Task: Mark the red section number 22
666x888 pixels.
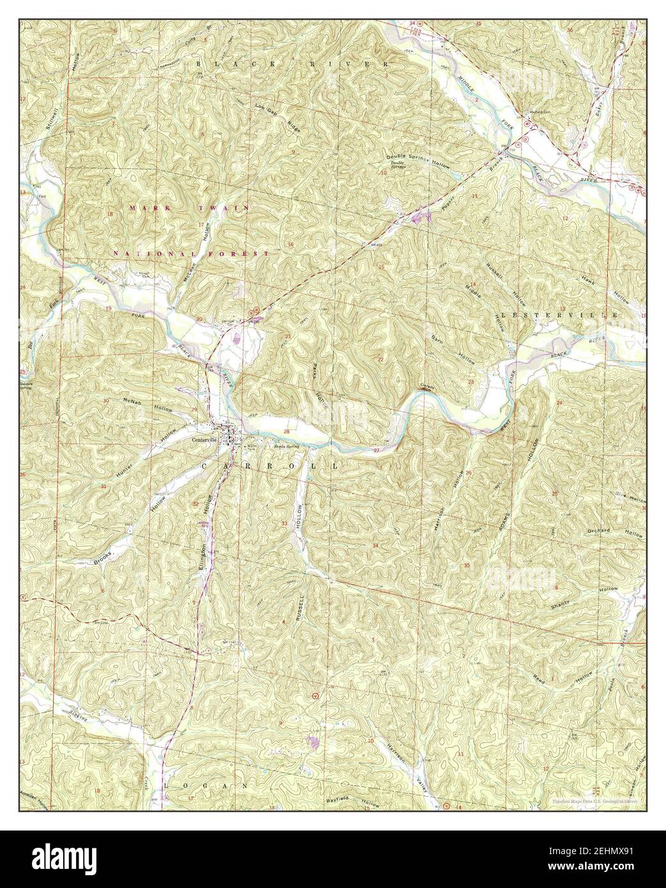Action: [381, 359]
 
